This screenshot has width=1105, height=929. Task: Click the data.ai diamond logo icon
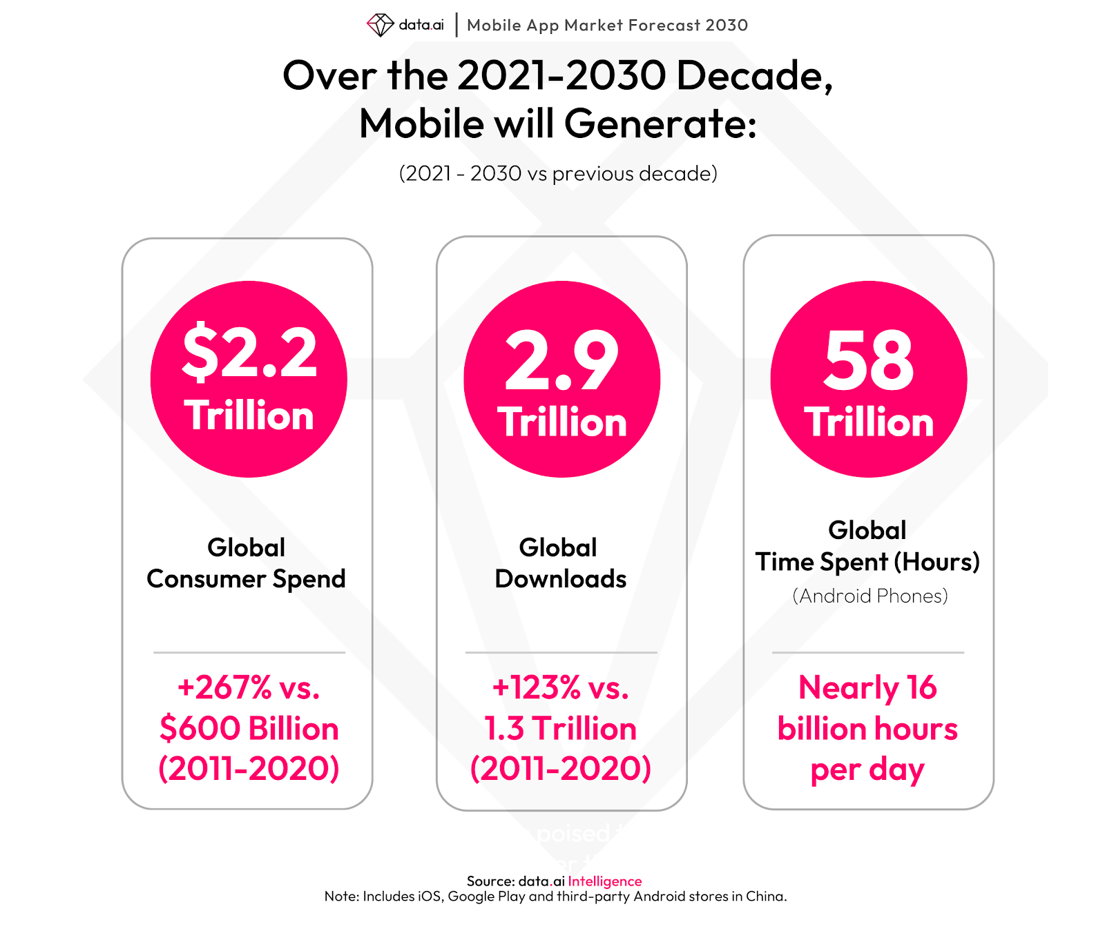pyautogui.click(x=380, y=25)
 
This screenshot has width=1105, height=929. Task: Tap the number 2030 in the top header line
pyautogui.click(x=727, y=26)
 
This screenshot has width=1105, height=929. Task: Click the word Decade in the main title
pyautogui.click(x=754, y=75)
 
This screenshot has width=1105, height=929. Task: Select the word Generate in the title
pyautogui.click(x=660, y=124)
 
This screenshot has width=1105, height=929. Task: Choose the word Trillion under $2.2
pyautogui.click(x=249, y=415)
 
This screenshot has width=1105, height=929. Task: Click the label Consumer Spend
pyautogui.click(x=246, y=579)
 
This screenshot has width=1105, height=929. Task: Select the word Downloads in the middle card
pyautogui.click(x=561, y=579)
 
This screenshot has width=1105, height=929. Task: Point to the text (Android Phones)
pyautogui.click(x=869, y=596)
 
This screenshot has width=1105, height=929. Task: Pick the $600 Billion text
pyautogui.click(x=249, y=729)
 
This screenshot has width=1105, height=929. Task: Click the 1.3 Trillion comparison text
pyautogui.click(x=560, y=729)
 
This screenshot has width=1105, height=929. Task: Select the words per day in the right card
pyautogui.click(x=867, y=770)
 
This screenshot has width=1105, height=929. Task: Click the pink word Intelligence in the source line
pyautogui.click(x=605, y=881)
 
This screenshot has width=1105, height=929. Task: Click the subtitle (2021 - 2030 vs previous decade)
pyautogui.click(x=558, y=173)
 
